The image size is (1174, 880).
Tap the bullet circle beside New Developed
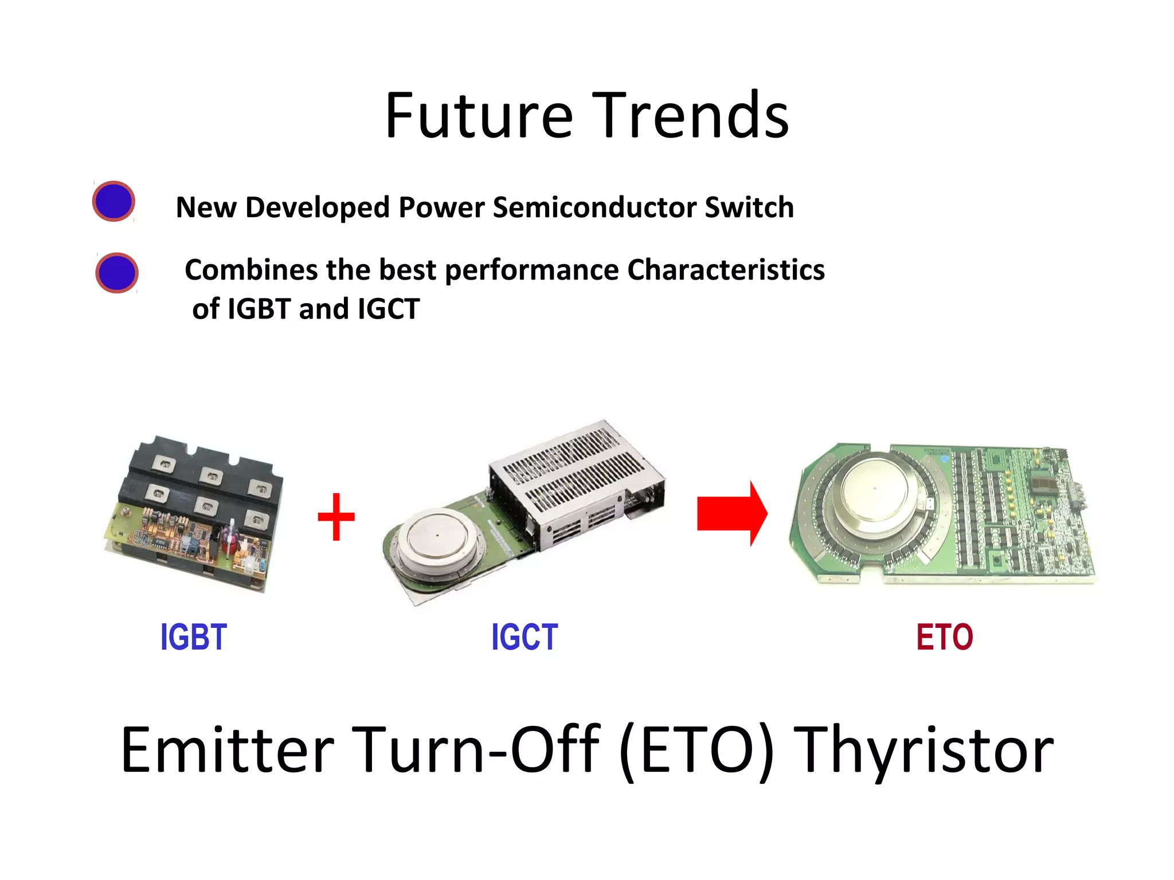[114, 201]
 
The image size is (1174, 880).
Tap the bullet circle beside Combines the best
[117, 273]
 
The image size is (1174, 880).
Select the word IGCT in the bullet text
[389, 309]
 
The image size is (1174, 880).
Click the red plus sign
[336, 517]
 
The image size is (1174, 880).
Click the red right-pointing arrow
[731, 513]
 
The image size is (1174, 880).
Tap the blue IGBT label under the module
[194, 637]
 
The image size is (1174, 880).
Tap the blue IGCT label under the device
[525, 637]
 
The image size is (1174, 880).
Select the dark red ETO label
[944, 637]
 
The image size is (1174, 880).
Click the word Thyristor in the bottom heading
[926, 751]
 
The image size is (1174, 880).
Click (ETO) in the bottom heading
[696, 751]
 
